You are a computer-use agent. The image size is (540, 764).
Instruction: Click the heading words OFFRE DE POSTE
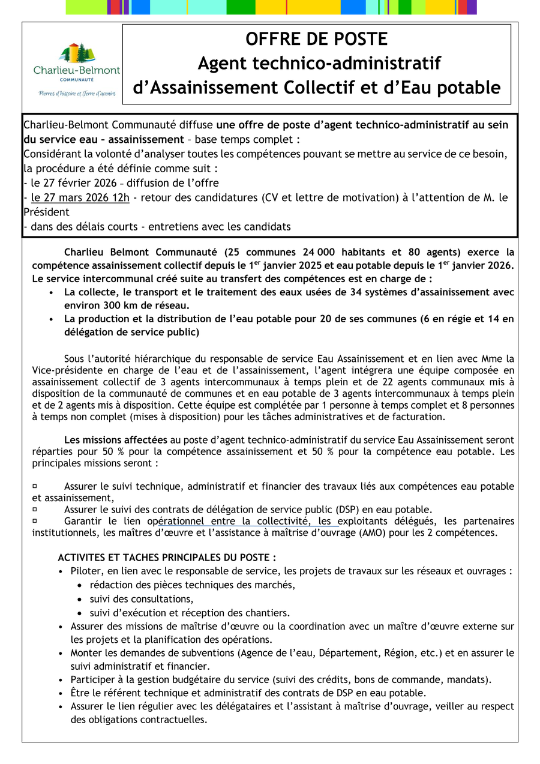[316, 40]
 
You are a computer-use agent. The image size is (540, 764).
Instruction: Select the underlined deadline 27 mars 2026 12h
[80, 197]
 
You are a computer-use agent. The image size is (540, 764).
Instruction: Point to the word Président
[47, 212]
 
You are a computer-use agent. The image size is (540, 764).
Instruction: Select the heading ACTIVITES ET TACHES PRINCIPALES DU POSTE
[167, 558]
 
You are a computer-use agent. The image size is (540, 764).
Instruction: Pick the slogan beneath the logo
[77, 94]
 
